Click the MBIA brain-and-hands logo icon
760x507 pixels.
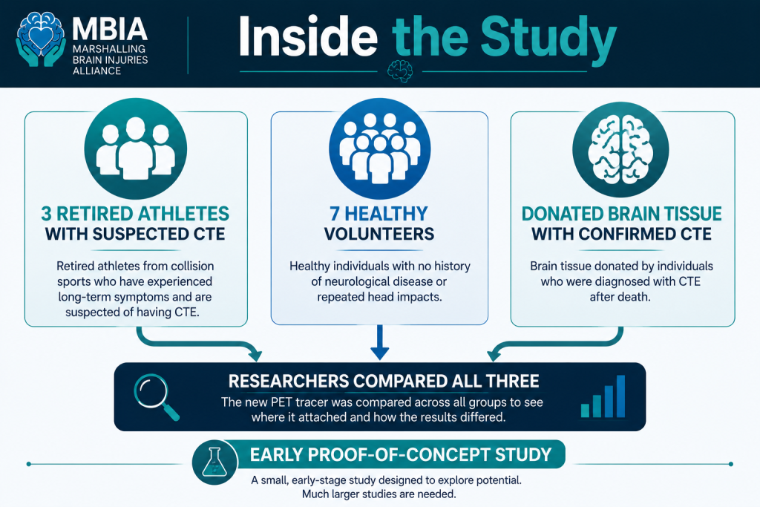pos(41,40)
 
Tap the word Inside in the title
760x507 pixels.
pos(308,37)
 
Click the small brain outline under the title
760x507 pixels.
pos(400,71)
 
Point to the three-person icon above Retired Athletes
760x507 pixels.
pos(135,148)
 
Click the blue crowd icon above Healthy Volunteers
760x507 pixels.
pos(379,148)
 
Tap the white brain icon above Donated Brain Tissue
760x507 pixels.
pos(620,148)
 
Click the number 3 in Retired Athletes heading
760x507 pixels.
pos(46,214)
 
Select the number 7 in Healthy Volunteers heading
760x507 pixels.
pos(335,214)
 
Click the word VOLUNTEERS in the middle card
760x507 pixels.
pos(379,234)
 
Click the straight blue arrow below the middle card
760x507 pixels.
pos(379,342)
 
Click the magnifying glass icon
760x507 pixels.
pos(156,396)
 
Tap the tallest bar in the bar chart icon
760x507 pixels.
pos(620,396)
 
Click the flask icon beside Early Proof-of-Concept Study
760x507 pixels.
pos(214,462)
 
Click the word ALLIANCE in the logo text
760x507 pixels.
pos(97,71)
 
